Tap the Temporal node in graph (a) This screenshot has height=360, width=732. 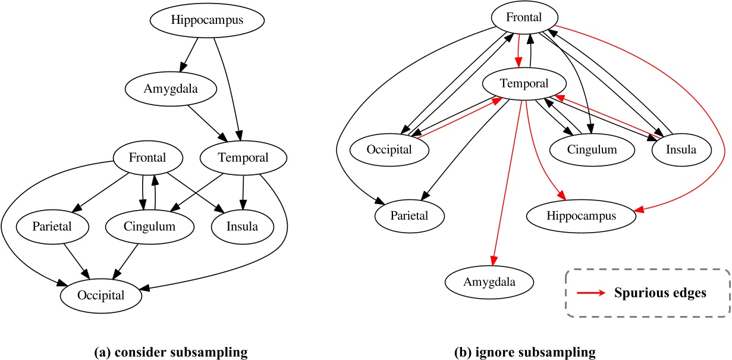click(x=243, y=158)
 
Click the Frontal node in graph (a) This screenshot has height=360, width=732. click(x=148, y=158)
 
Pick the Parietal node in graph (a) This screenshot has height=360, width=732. click(x=53, y=227)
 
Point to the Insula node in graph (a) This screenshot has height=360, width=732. click(x=243, y=227)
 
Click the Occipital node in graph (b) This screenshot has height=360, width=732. click(x=390, y=149)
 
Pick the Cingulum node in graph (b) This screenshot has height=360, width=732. click(x=591, y=149)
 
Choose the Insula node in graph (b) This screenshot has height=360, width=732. click(x=682, y=149)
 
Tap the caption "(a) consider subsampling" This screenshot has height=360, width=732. click(x=171, y=353)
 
